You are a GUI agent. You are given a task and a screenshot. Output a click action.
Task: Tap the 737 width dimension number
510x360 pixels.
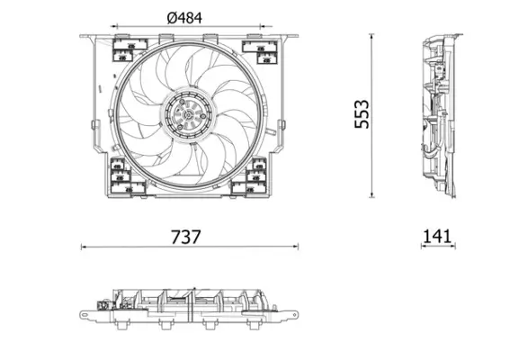click(x=186, y=237)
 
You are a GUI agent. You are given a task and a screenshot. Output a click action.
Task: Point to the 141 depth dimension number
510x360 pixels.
click(x=436, y=237)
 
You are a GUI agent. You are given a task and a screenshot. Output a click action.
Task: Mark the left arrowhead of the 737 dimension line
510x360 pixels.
click(x=83, y=245)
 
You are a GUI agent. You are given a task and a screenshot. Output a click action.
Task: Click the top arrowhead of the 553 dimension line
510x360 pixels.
click(x=373, y=36)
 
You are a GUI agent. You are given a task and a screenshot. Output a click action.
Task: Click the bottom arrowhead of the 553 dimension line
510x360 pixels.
click(x=373, y=196)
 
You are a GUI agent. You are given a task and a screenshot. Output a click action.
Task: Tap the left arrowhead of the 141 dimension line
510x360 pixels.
click(x=420, y=245)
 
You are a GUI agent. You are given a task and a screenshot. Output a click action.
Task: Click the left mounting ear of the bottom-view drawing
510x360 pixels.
click(x=88, y=314)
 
